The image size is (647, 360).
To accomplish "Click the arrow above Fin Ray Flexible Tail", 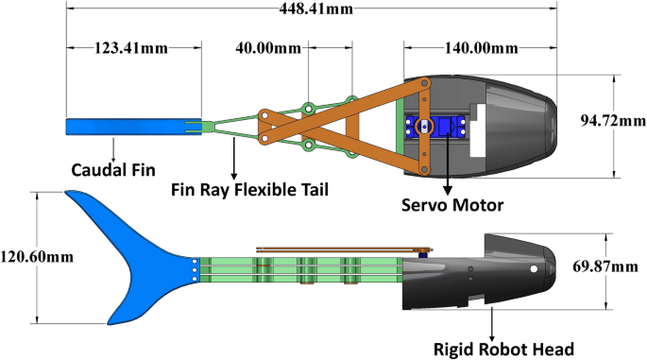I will pyautogui.click(x=234, y=156).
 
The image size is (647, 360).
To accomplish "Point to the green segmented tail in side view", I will pyautogui.click(x=302, y=268).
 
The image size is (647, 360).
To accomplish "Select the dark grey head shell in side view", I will pyautogui.click(x=491, y=274).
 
